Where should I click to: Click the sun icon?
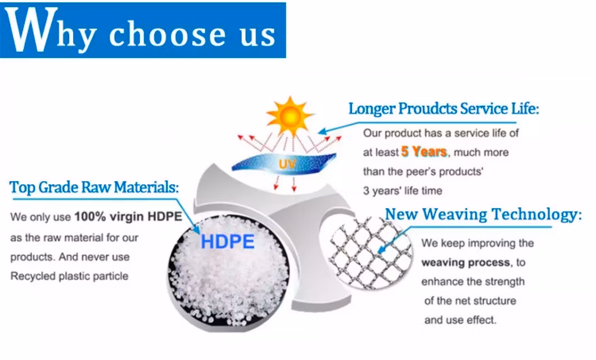[290, 116]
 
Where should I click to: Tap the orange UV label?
[287, 164]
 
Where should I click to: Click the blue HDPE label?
[227, 241]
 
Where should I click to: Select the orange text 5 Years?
[424, 152]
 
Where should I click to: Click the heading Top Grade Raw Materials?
[94, 187]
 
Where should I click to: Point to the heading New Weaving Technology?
[483, 214]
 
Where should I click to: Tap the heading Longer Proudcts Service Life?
[444, 109]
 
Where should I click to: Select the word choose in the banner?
[167, 33]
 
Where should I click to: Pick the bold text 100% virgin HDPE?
[128, 217]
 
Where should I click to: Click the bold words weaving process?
[466, 262]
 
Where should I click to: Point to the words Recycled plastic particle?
[69, 276]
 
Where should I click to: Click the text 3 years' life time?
[403, 191]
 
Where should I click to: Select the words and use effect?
[460, 320]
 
